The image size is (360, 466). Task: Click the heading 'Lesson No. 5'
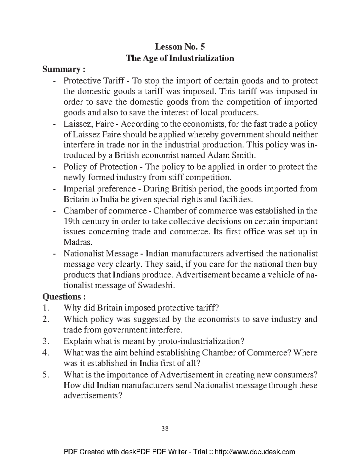coord(180,47)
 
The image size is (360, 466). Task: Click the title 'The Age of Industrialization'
coord(180,58)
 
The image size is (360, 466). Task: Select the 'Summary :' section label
coord(64,70)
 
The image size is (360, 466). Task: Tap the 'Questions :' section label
coord(64,297)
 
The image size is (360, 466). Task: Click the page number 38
coord(165,428)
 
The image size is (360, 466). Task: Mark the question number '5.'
coord(46,374)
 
